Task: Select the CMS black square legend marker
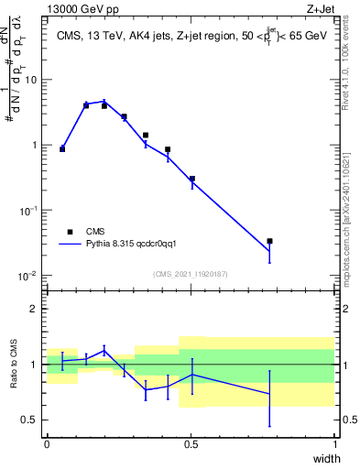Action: (x=69, y=232)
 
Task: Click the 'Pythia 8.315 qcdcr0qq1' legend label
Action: (x=137, y=245)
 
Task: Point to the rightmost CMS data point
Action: (x=269, y=241)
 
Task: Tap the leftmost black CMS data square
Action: (x=62, y=148)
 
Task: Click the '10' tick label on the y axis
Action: (x=30, y=80)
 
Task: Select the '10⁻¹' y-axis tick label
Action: (x=27, y=211)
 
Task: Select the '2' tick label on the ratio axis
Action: (x=35, y=309)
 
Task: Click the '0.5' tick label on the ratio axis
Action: (x=30, y=420)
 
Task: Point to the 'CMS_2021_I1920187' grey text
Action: (x=191, y=274)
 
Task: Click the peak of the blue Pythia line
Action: (x=105, y=101)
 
